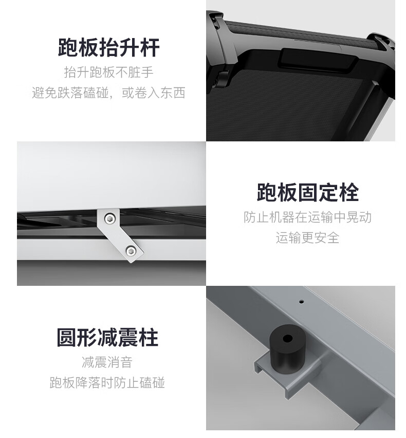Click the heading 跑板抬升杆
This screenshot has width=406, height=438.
pos(108,47)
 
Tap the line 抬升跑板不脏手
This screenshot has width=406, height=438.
pos(108,72)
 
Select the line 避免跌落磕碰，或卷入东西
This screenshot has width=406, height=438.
pos(108,93)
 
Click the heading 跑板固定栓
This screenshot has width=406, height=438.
pos(308,192)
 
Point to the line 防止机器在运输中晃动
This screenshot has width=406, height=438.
pos(307,217)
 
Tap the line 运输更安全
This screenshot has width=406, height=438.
pos(307,238)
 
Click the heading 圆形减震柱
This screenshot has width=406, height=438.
pos(107,337)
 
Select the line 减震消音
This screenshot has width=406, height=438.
pos(107,362)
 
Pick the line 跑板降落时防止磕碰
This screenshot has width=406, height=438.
pos(107,382)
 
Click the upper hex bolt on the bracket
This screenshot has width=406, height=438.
pos(110,218)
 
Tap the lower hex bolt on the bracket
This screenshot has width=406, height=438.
pos(131,251)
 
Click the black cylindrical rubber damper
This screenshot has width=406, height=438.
pos(288,349)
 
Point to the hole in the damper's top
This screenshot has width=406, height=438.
pos(288,339)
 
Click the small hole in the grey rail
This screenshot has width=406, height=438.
pos(301,302)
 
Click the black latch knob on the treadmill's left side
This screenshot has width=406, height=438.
pos(221,79)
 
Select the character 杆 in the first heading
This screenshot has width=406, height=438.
pos(150,47)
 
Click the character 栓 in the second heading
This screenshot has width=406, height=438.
pos(349,192)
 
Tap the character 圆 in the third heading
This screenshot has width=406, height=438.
pos(67,337)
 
